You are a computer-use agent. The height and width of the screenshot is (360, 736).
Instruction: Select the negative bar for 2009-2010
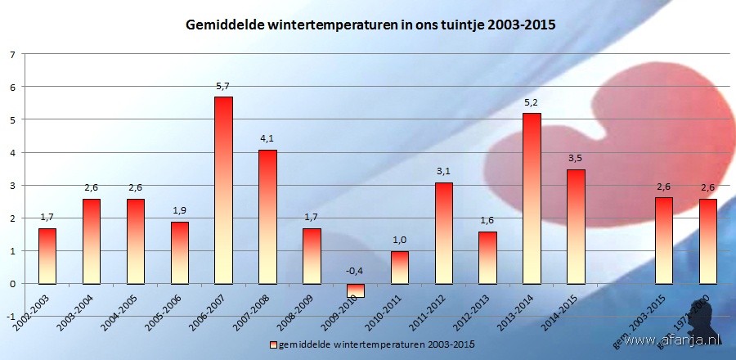tap(356, 290)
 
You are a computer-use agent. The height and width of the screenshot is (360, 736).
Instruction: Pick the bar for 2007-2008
tap(267, 217)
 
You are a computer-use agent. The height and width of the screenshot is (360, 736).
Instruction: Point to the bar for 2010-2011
tap(399, 268)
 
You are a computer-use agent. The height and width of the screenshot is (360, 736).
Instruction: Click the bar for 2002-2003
tap(47, 256)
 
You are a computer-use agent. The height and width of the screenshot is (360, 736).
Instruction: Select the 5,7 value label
tap(223, 86)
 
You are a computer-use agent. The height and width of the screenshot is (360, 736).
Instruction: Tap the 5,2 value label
tap(532, 102)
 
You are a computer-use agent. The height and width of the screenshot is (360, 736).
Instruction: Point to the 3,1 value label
tap(443, 171)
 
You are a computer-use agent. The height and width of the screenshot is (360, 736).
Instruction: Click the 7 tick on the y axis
tap(12, 55)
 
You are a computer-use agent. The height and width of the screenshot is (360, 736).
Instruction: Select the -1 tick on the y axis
tap(11, 317)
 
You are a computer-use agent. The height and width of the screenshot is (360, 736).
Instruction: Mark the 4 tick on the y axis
tap(12, 153)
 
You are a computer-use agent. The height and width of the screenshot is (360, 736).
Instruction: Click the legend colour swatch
tap(274, 342)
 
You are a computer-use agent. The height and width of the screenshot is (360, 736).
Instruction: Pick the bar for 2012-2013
tap(487, 258)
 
